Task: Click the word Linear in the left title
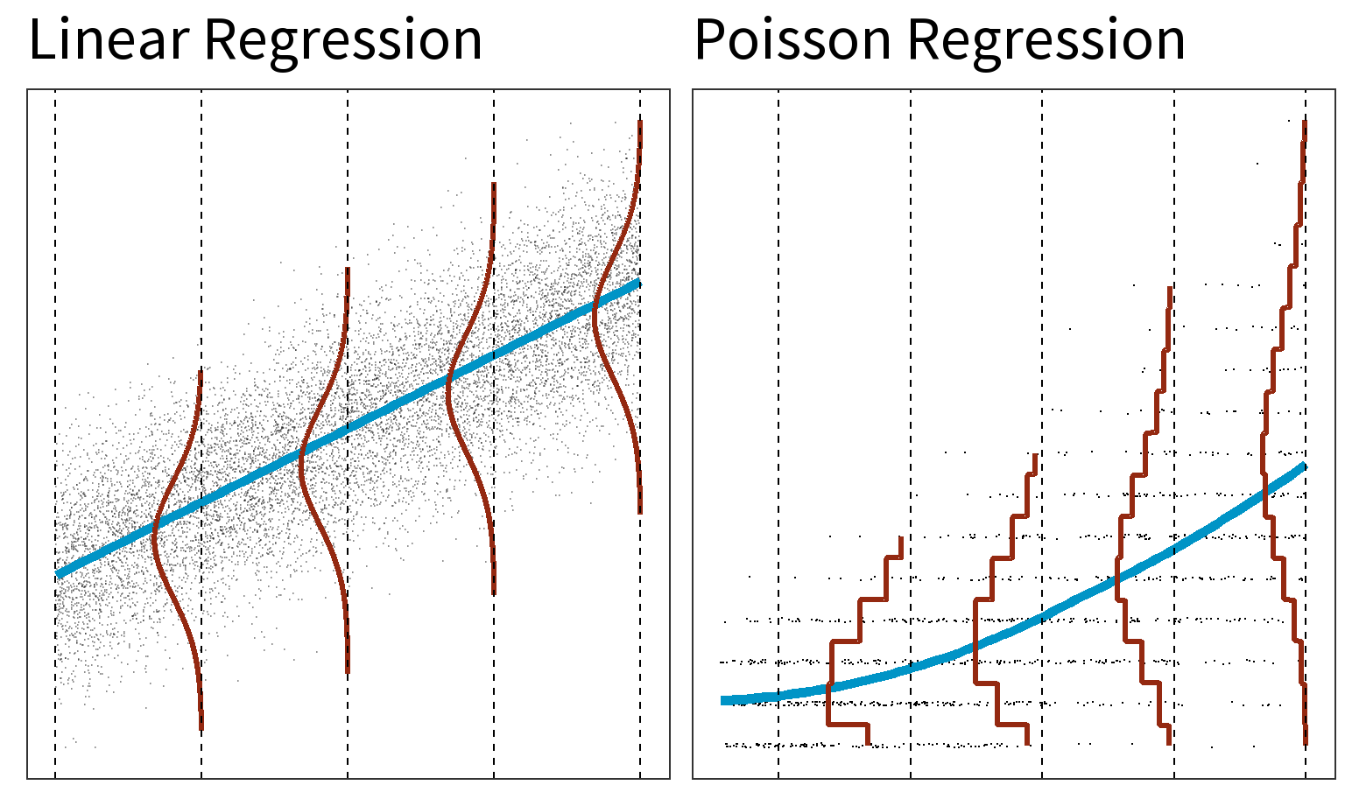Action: (109, 40)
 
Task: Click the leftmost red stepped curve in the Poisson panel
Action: (830, 683)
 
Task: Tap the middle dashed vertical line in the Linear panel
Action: (348, 175)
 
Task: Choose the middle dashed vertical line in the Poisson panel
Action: (1042, 263)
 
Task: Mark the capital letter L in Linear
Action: (40, 40)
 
